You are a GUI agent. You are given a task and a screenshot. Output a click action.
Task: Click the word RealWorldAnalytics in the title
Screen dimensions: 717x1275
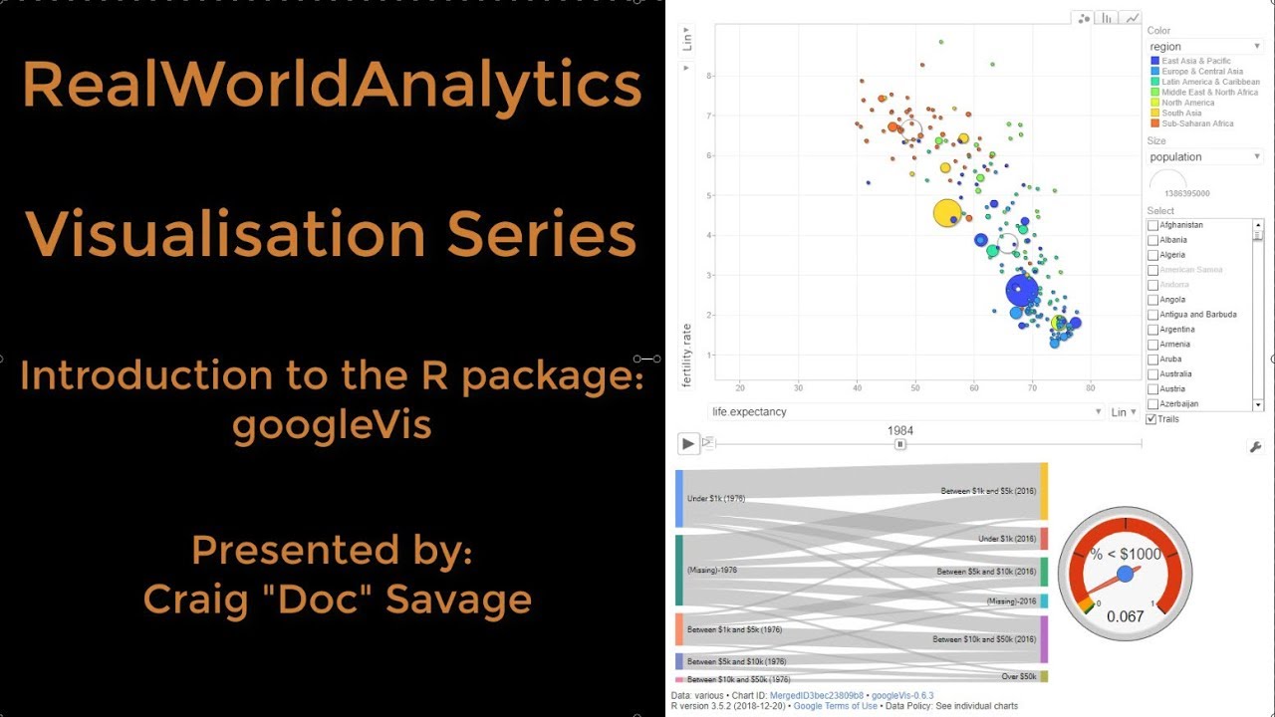click(x=332, y=85)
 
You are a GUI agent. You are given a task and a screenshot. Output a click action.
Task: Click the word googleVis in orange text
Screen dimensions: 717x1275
click(x=332, y=425)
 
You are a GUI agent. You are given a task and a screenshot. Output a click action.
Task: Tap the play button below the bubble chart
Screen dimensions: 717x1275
click(x=687, y=443)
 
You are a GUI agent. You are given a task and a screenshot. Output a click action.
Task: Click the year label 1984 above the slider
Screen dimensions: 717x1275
click(x=900, y=431)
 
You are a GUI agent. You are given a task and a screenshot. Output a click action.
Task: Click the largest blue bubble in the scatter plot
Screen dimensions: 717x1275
click(x=1020, y=291)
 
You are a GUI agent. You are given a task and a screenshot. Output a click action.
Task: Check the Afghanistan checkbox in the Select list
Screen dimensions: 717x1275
click(x=1153, y=225)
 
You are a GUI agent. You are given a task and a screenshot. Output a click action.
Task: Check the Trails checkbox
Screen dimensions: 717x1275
click(x=1152, y=419)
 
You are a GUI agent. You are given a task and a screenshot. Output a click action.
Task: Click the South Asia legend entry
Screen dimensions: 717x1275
click(x=1182, y=114)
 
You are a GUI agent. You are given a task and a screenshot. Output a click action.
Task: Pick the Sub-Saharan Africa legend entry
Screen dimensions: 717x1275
click(x=1196, y=123)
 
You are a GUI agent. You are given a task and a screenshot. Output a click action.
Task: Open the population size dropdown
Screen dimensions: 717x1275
click(x=1205, y=156)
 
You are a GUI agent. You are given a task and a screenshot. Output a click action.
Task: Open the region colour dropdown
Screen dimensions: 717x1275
click(x=1205, y=46)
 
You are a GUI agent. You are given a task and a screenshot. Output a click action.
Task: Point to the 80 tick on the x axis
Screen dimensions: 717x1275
click(x=1091, y=387)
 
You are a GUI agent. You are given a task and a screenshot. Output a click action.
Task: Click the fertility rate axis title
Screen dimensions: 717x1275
click(x=686, y=355)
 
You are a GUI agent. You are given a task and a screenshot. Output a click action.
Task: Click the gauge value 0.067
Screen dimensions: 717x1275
click(x=1125, y=616)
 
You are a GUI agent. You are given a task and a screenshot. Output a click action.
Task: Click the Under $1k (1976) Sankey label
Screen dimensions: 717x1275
click(x=716, y=498)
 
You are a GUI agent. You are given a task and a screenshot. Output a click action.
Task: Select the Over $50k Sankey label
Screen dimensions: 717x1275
click(x=1019, y=676)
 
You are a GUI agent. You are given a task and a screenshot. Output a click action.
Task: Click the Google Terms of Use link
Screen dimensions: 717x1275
click(x=835, y=706)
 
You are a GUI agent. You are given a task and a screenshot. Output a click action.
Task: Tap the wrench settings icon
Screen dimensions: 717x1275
click(x=1255, y=447)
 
